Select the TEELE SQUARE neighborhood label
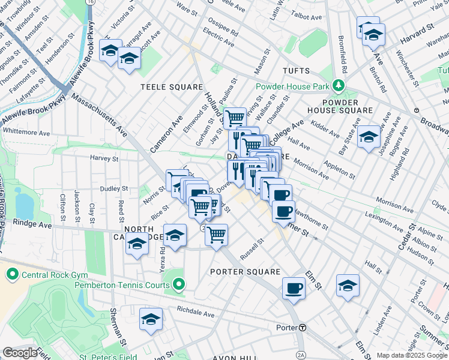pyautogui.click(x=172, y=87)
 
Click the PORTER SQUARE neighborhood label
pyautogui.click(x=245, y=272)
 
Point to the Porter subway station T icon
pyautogui.click(x=303, y=328)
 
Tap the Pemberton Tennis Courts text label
pyautogui.click(x=122, y=285)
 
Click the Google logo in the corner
pyautogui.click(x=20, y=353)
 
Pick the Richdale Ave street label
pyautogui.click(x=195, y=313)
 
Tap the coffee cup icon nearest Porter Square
pyautogui.click(x=294, y=288)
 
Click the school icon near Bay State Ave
pyautogui.click(x=369, y=137)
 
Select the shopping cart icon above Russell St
pyautogui.click(x=216, y=234)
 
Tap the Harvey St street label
pyautogui.click(x=104, y=159)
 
